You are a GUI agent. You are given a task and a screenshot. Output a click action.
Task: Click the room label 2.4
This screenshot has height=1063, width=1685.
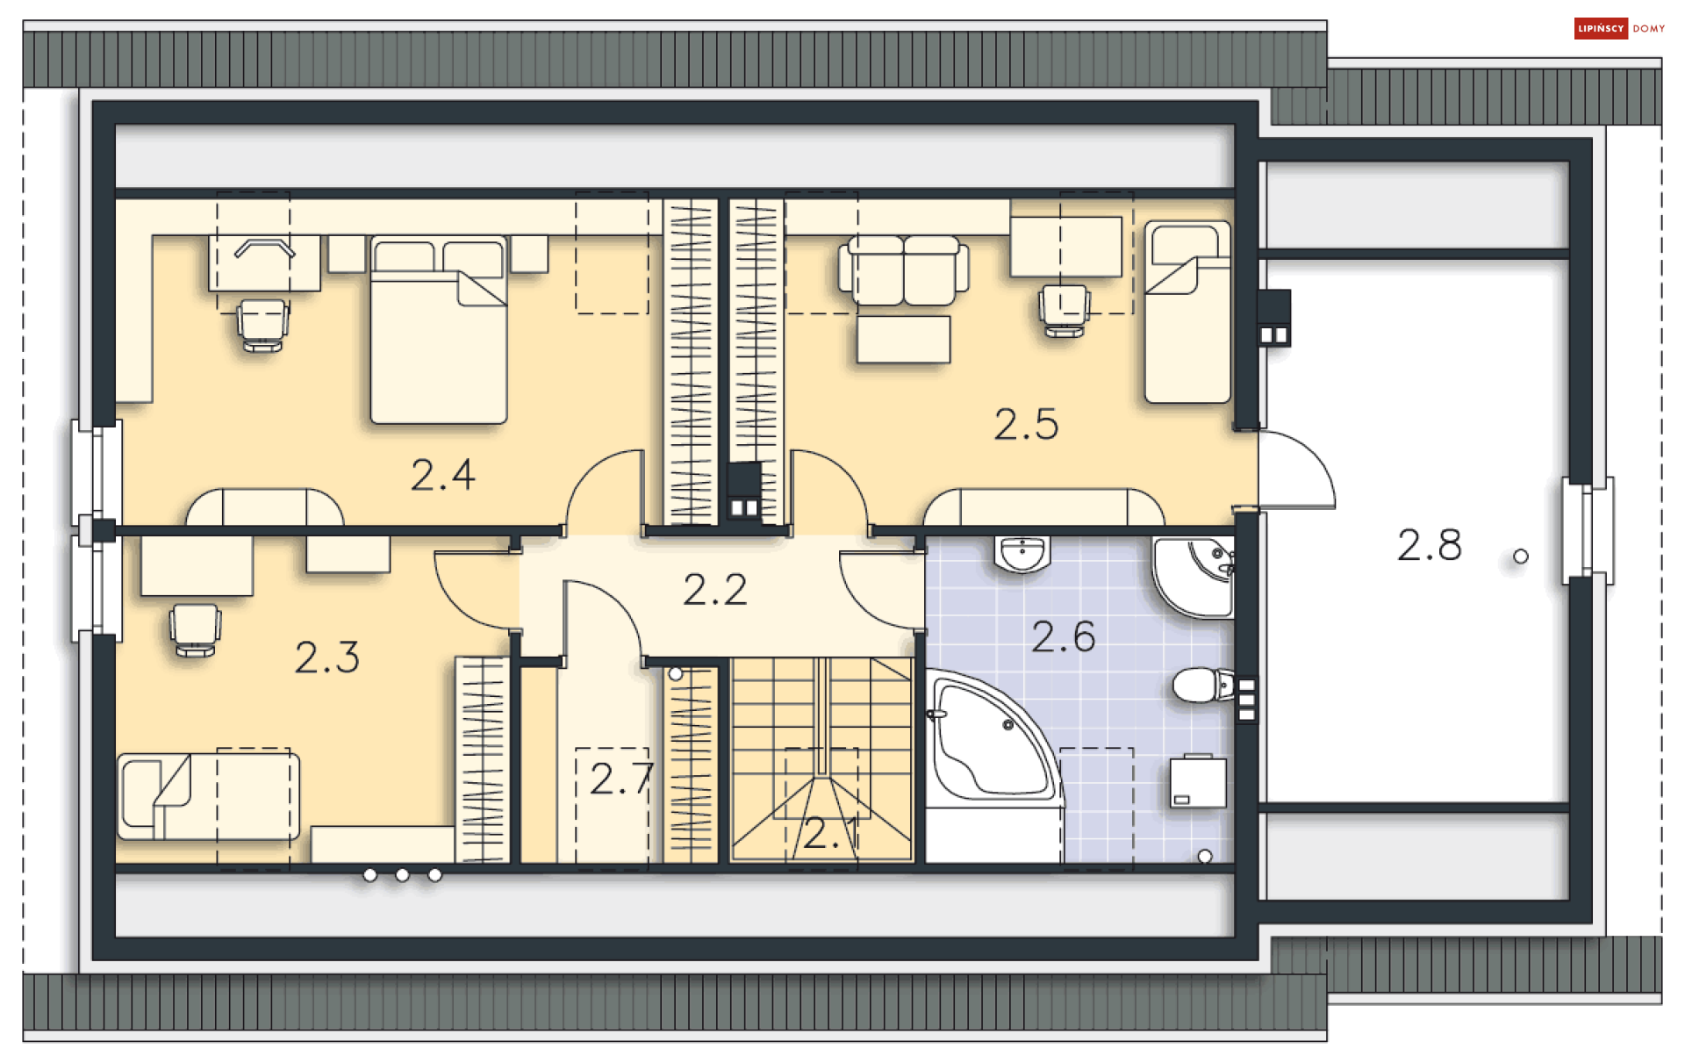(x=443, y=475)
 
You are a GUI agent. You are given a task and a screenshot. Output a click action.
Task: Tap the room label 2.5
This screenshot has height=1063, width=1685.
(x=1026, y=425)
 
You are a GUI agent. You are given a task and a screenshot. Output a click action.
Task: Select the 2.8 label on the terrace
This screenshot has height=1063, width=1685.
(x=1430, y=545)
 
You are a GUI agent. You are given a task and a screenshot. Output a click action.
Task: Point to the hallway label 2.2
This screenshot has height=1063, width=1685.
(x=715, y=590)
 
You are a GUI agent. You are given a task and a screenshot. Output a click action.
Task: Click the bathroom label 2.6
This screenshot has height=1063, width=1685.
(x=1064, y=636)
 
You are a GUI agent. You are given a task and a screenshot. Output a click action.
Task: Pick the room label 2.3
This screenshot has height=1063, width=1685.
(x=327, y=657)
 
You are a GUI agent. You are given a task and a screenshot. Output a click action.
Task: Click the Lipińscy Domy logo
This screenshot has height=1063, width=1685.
(x=1619, y=29)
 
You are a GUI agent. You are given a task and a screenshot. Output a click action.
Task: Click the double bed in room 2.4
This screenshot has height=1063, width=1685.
(x=439, y=330)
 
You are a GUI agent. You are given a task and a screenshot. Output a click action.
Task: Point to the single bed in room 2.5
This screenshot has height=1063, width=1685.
(x=1187, y=312)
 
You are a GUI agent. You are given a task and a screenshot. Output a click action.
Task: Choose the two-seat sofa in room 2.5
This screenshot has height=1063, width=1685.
(x=904, y=270)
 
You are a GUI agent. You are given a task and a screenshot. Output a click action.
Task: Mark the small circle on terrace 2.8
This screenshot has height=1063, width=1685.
(x=1521, y=557)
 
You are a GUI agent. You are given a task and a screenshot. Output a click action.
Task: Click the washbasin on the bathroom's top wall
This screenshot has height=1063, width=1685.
(x=1022, y=555)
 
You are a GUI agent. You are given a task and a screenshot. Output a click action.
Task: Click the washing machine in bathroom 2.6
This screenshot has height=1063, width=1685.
(x=1198, y=781)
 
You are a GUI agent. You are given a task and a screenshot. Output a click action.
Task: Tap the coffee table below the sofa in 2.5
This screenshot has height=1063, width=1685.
(x=904, y=340)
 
